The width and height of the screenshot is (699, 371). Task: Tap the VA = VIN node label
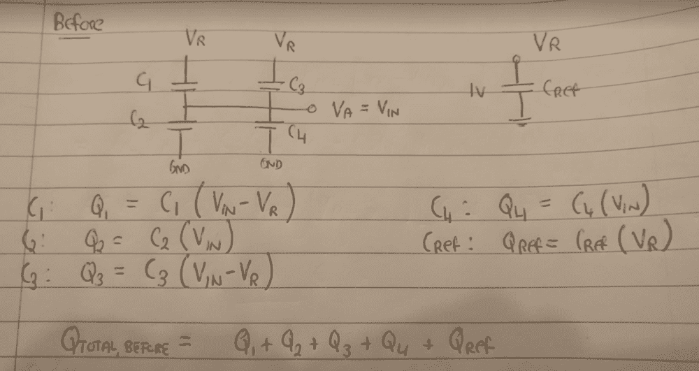[370, 110]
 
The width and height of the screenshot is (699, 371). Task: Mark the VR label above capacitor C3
[284, 44]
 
